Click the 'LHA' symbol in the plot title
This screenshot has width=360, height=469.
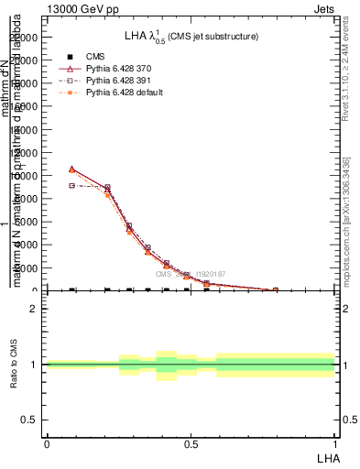(138, 36)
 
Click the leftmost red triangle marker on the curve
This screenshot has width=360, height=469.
(71, 169)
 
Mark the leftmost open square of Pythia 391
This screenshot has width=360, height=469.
(71, 185)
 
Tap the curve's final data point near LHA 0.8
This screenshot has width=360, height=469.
(275, 290)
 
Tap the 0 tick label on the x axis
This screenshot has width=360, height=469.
(47, 443)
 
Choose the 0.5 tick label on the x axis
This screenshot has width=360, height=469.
(191, 443)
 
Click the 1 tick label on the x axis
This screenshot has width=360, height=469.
(334, 443)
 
